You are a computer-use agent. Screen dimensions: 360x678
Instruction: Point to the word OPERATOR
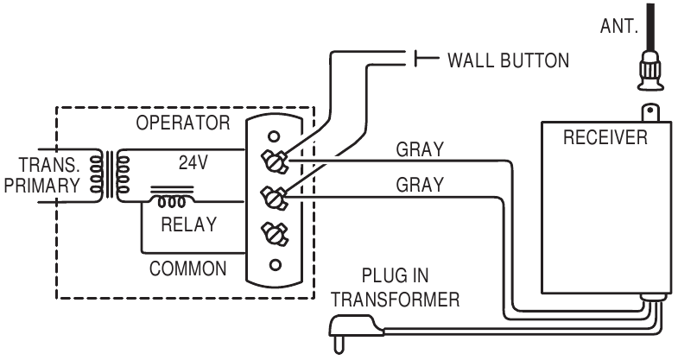coord(182,123)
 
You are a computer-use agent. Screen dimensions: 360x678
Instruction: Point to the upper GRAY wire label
coord(420,149)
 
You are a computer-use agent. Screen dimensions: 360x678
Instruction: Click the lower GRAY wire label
coord(420,185)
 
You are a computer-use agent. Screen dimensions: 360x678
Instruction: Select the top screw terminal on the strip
coord(275,159)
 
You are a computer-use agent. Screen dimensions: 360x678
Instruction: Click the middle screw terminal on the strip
coord(275,196)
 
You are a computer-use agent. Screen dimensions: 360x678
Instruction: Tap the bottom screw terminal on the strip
coord(275,232)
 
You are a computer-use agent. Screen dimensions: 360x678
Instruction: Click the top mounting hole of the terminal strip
coord(274,136)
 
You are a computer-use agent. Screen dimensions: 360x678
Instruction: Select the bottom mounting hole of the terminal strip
coord(274,264)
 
